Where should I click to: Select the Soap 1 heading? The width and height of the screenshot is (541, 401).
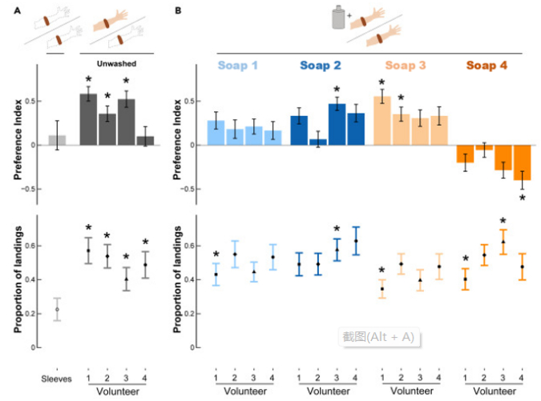point(241,65)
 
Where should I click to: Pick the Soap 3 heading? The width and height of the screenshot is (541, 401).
point(408,65)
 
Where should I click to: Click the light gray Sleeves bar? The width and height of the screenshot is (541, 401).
point(57,140)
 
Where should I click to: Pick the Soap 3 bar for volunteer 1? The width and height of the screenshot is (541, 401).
point(382,121)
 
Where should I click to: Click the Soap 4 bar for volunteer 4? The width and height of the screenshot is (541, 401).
point(522,162)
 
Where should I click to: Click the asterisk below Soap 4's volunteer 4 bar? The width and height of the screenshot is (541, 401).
point(522,198)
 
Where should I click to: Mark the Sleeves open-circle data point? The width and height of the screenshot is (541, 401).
point(57,309)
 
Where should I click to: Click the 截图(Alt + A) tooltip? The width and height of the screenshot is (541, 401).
point(379,337)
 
